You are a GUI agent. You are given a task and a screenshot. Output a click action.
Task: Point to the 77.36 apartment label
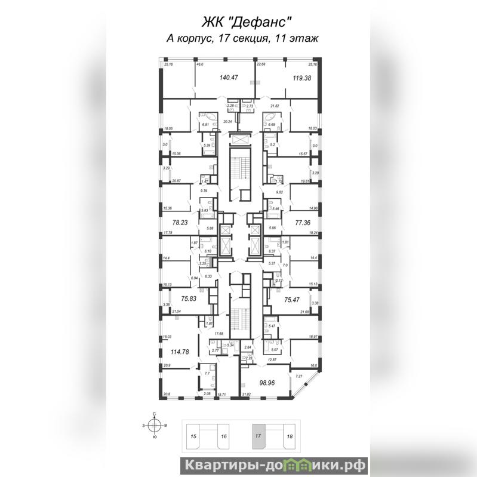point(305,220)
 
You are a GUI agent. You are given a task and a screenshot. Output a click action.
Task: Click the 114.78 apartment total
point(180,352)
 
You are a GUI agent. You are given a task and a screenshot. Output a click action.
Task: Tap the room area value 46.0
point(201,64)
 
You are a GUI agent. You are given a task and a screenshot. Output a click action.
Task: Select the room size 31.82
point(245,394)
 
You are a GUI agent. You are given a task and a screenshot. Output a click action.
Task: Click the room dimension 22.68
point(261,64)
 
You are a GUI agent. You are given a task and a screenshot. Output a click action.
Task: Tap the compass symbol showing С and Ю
point(155,425)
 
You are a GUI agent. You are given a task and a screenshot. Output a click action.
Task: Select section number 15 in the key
point(193,437)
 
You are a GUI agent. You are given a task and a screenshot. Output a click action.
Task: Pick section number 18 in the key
point(290,437)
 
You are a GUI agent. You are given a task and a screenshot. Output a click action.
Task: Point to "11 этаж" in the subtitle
point(296,38)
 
